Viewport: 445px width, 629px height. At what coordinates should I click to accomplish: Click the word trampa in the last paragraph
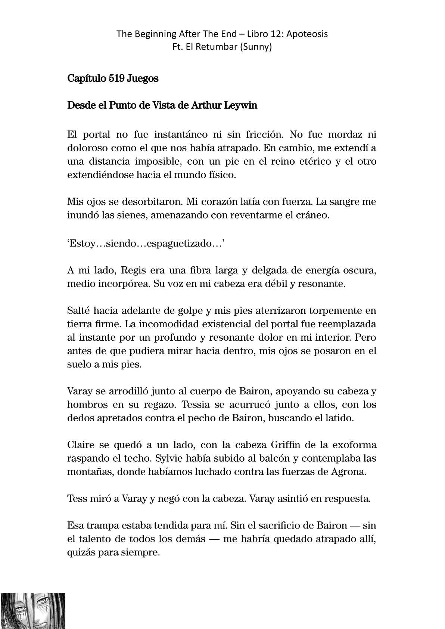pos(102,526)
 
